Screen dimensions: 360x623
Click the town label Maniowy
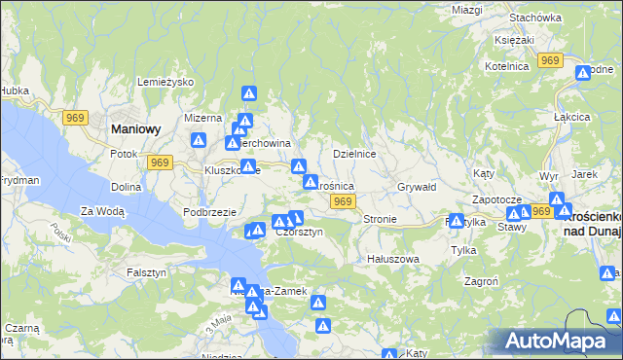pyautogui.click(x=136, y=127)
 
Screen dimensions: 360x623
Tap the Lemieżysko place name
pyautogui.click(x=168, y=82)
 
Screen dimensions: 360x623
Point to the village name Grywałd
pyautogui.click(x=420, y=186)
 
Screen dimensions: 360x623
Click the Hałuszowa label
pyautogui.click(x=392, y=259)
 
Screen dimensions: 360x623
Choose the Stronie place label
pyautogui.click(x=380, y=219)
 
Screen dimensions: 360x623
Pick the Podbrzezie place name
pyautogui.click(x=211, y=211)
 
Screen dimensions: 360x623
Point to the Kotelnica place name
pyautogui.click(x=507, y=65)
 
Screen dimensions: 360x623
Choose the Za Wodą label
pyautogui.click(x=102, y=210)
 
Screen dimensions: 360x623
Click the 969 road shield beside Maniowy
pyautogui.click(x=76, y=118)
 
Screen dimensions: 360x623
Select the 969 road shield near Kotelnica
pyautogui.click(x=551, y=60)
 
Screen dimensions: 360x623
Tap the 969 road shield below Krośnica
pyautogui.click(x=341, y=200)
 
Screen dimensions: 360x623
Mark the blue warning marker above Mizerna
pyautogui.click(x=249, y=94)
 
